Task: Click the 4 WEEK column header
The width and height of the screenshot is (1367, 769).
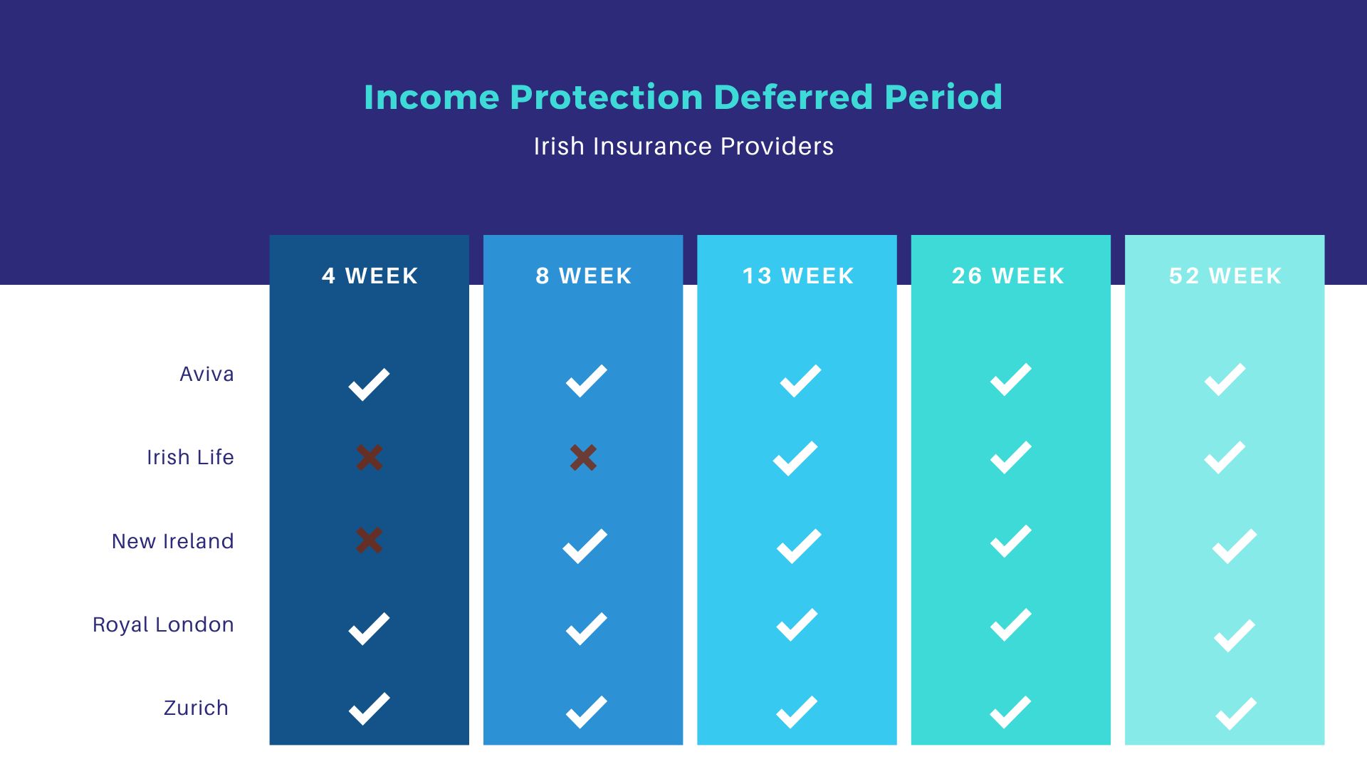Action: (x=370, y=276)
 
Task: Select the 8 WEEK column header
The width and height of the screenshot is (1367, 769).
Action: (x=583, y=276)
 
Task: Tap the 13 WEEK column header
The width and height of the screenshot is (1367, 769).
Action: (x=797, y=276)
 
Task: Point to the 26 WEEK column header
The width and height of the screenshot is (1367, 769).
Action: (x=1008, y=276)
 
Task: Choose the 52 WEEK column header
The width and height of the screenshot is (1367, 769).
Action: (x=1225, y=276)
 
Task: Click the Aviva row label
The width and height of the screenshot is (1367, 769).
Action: (x=206, y=374)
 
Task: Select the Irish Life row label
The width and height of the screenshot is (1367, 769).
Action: (x=190, y=457)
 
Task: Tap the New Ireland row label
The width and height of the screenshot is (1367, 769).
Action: (x=172, y=541)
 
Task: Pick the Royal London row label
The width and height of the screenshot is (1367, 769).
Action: (x=163, y=624)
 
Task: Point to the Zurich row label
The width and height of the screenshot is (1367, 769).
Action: (x=196, y=708)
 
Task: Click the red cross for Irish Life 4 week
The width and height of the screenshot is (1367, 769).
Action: (x=370, y=457)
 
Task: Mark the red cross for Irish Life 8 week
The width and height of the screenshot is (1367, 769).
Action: (x=583, y=457)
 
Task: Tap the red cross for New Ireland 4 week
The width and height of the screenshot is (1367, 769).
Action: (x=370, y=540)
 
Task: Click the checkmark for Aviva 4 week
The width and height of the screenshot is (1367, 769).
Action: (x=369, y=384)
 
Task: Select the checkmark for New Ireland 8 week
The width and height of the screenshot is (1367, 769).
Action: (x=585, y=546)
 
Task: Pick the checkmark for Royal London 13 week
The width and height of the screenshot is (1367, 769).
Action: (x=797, y=624)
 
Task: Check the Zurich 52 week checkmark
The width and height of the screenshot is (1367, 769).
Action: (x=1235, y=713)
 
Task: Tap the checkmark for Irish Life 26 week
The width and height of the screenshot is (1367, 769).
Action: (x=1010, y=457)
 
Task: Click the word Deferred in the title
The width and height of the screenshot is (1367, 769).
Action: (x=792, y=97)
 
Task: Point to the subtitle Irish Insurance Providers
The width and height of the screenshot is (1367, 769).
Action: (x=683, y=146)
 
